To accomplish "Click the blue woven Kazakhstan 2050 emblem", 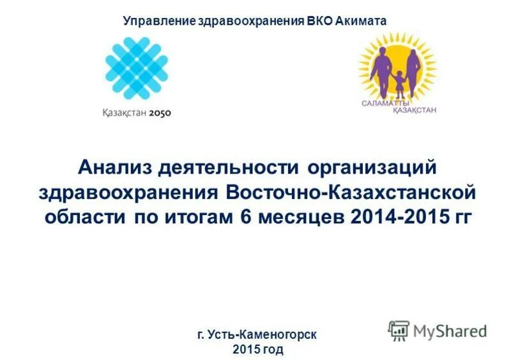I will [137, 66].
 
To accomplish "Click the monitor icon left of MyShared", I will [399, 330].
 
